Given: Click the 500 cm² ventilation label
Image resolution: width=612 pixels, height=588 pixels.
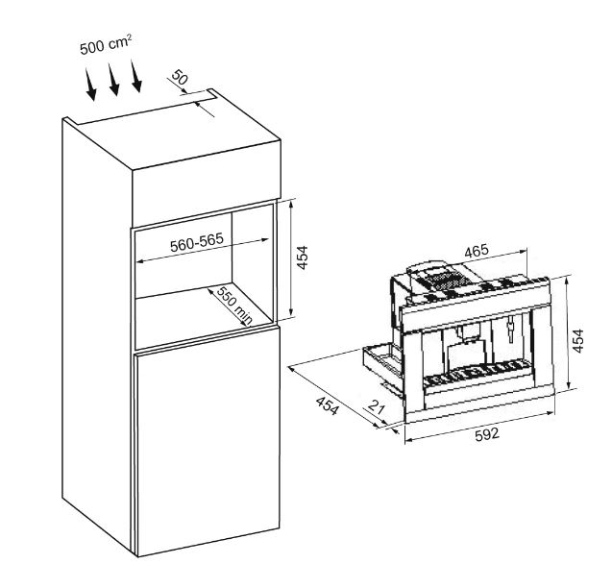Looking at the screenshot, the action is tap(106, 44).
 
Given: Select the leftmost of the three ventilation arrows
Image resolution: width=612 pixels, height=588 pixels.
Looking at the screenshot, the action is tap(90, 84).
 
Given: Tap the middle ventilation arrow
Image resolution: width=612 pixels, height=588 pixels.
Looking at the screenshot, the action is tap(113, 79).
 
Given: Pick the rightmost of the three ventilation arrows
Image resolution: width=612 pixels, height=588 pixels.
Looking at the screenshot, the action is tap(136, 76).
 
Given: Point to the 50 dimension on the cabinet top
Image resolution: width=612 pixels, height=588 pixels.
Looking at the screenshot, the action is tap(180, 77).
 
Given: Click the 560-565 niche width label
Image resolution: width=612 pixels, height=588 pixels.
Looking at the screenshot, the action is tap(197, 242).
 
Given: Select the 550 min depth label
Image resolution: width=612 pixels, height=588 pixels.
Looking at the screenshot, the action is tap(234, 306).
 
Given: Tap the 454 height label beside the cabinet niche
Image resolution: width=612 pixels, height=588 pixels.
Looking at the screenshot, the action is tap(303, 257).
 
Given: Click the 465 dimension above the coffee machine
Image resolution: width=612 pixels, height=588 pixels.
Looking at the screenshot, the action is tap(477, 251).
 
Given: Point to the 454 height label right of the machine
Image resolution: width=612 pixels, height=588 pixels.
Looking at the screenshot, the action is tap(578, 341).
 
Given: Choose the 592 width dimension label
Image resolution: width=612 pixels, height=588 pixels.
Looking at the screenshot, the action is tap(487, 434).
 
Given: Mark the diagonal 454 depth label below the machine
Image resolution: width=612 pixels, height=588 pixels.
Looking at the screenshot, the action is tap(327, 405).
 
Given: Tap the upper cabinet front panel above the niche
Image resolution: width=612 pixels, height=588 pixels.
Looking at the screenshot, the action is tap(207, 183).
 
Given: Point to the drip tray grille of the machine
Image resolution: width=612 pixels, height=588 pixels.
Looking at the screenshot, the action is tap(477, 372).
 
